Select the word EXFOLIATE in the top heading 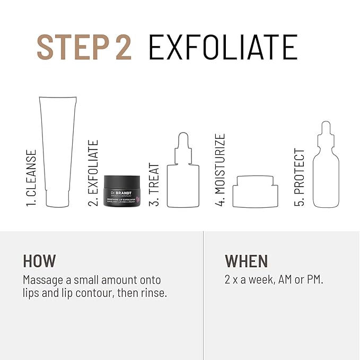tap(223, 47)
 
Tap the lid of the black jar tap(122, 181)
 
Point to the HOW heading tap(39, 261)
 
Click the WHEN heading tap(247, 261)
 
